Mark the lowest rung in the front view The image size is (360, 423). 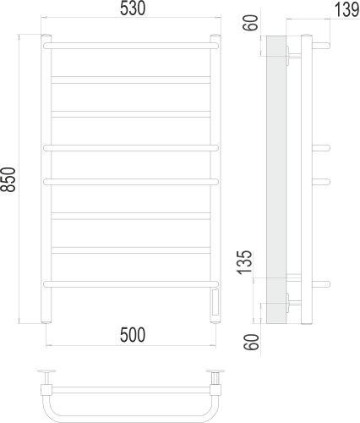point(131,282)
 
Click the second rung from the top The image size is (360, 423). point(131,79)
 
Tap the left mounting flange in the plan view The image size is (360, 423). point(47,372)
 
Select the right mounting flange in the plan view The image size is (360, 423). point(216,372)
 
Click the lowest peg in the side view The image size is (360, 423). point(322,282)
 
